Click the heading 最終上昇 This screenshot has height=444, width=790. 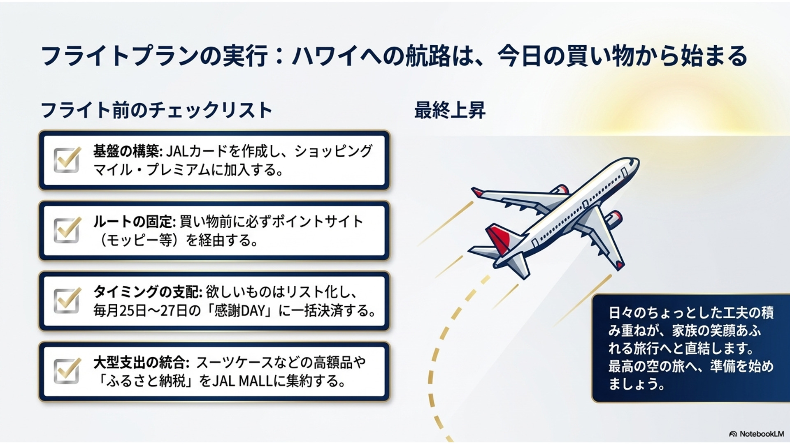coord(450,110)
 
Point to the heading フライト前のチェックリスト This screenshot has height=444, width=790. coord(156,110)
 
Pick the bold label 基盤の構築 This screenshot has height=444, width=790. coord(126,151)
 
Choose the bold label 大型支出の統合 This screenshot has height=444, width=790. coord(139,363)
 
